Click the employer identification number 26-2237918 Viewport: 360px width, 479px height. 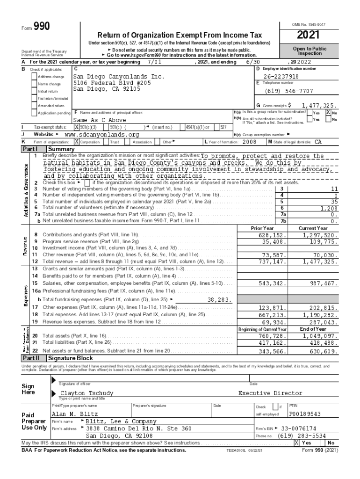281,76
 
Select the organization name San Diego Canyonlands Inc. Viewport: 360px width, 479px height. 119,76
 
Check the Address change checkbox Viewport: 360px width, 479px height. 34,77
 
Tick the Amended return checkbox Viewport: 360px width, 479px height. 34,106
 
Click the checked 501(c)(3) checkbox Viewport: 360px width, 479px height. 77,127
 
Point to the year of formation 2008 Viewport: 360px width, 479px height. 246,142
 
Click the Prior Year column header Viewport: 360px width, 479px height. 262,228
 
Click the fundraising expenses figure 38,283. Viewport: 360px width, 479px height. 220,299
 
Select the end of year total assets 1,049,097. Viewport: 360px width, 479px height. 319,336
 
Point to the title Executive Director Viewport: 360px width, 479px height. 270,393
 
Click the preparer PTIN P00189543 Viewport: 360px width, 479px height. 305,414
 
